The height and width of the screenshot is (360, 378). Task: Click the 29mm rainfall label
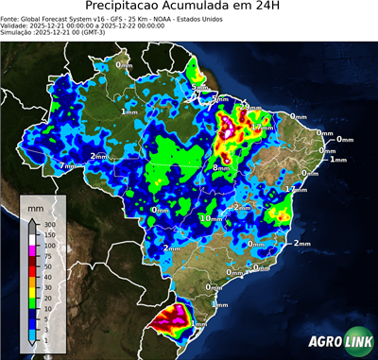[x=251, y=109]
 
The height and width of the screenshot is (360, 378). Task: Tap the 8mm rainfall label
[x=220, y=167]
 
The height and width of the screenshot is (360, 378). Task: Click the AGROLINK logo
[x=336, y=343]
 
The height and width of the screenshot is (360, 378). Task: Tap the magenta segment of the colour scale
[x=31, y=249]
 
